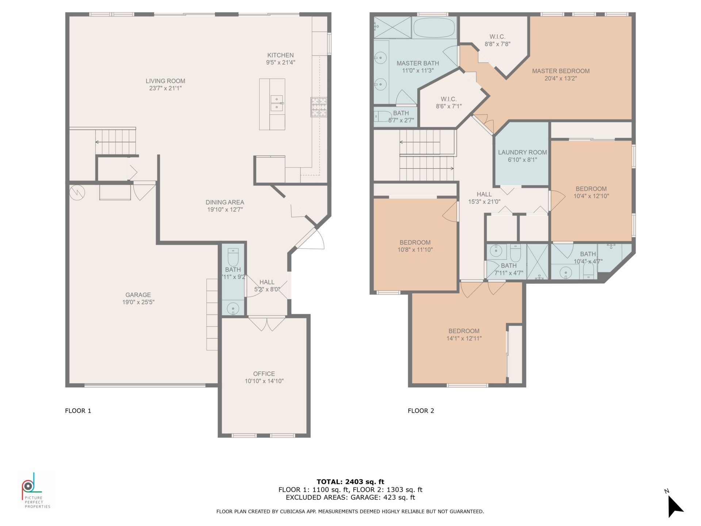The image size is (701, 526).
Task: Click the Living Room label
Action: pyautogui.click(x=165, y=81)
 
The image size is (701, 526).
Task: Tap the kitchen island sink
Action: pyautogui.click(x=277, y=103)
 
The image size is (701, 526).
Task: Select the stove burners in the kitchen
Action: pyautogui.click(x=319, y=107)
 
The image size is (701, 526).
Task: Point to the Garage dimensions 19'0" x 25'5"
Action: pyautogui.click(x=138, y=302)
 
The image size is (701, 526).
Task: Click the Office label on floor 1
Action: pyautogui.click(x=264, y=374)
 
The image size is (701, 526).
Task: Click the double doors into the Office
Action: pyautogui.click(x=267, y=324)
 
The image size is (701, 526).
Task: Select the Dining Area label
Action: pyautogui.click(x=225, y=202)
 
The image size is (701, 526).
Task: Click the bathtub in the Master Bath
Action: pyautogui.click(x=434, y=28)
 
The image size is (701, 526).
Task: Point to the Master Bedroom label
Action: pyautogui.click(x=560, y=71)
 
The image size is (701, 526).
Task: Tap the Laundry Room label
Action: pyautogui.click(x=522, y=152)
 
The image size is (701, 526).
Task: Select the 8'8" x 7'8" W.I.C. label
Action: pyautogui.click(x=497, y=40)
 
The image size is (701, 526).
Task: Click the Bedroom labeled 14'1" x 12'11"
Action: pyautogui.click(x=464, y=335)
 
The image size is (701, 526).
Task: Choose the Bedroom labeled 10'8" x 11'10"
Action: pyautogui.click(x=415, y=246)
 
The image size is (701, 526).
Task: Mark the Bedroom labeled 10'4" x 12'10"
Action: pyautogui.click(x=591, y=192)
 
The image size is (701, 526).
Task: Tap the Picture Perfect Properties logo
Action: pyautogui.click(x=33, y=489)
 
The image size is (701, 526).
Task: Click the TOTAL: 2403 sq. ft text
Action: pyautogui.click(x=350, y=482)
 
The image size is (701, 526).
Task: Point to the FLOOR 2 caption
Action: pyautogui.click(x=421, y=411)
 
